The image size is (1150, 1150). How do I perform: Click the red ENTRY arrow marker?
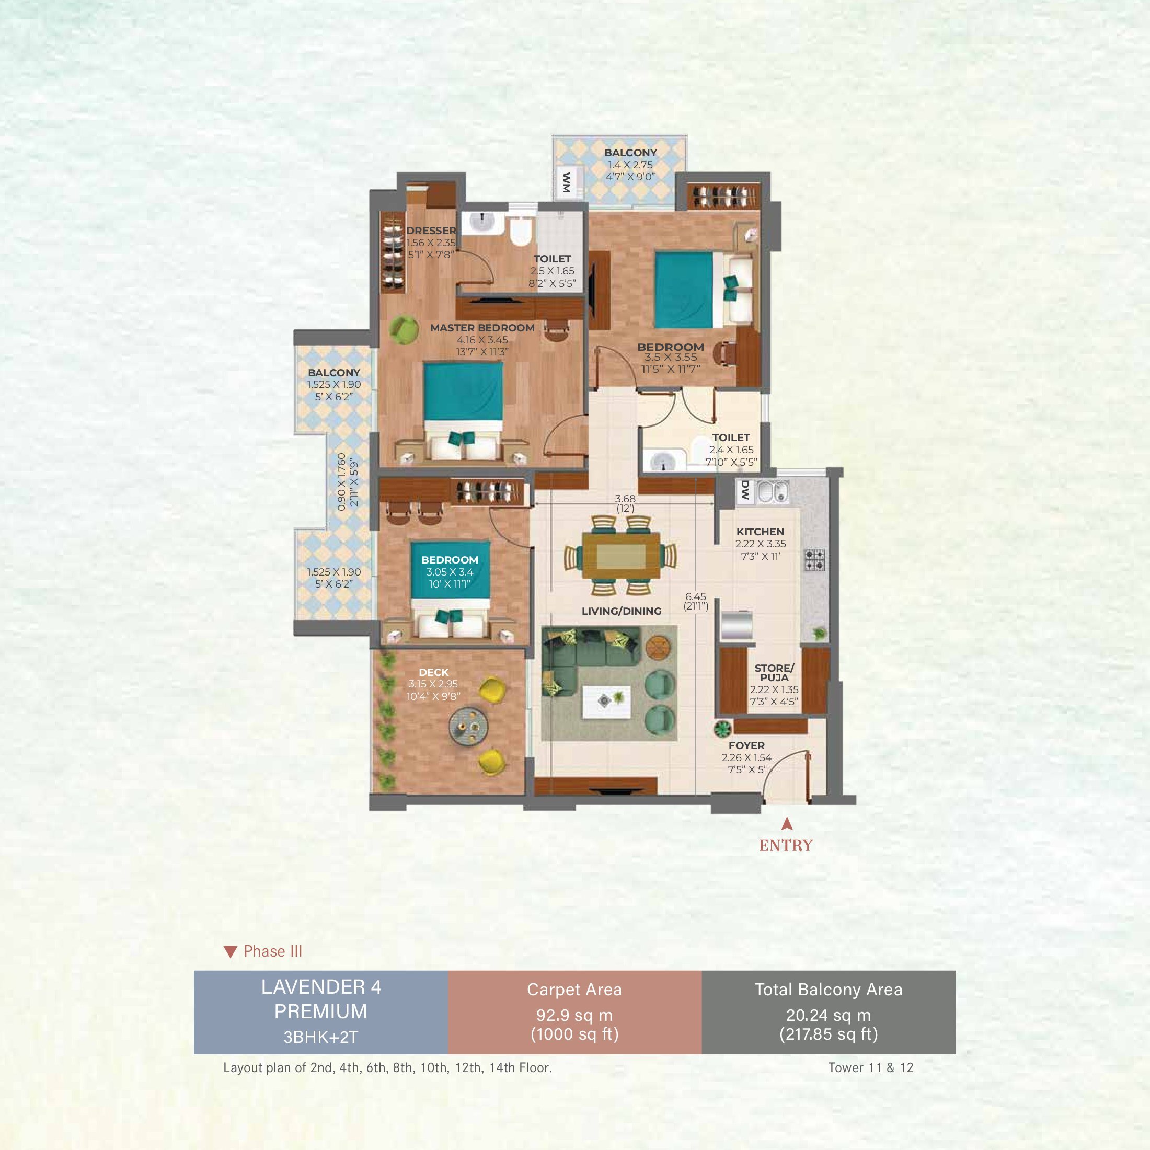coord(787,823)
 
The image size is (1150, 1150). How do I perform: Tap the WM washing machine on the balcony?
coord(567,182)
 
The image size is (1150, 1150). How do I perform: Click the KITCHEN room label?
coord(760,532)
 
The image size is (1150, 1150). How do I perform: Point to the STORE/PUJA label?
coord(774,673)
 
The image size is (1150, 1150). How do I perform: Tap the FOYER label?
coord(746,745)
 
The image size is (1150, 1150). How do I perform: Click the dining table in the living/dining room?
coord(622,555)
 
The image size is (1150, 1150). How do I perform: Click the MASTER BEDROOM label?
coord(482,327)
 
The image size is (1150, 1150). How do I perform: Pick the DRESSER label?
coord(431,231)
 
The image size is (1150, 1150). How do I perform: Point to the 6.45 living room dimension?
coord(695,596)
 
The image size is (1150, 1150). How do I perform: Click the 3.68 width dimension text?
coord(625,499)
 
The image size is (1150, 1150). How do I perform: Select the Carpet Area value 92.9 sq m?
coord(574,1016)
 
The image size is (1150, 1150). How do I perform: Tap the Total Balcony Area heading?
coord(829,990)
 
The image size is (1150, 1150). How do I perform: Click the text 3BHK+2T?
coord(320,1038)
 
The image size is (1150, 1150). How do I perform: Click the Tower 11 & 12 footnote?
coord(870,1067)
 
